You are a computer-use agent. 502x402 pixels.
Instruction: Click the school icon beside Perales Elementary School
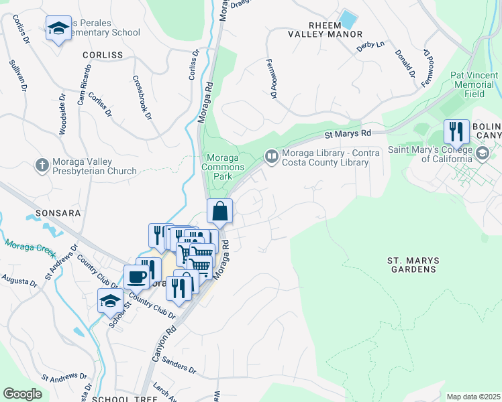58,29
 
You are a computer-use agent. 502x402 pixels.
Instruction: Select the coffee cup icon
136,277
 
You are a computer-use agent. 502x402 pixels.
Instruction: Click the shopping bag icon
219,212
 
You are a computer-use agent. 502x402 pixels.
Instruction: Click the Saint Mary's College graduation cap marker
482,155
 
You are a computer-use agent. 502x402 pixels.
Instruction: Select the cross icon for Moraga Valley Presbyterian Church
42,165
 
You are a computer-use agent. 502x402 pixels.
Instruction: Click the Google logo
22,393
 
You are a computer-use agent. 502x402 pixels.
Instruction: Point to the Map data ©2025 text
473,397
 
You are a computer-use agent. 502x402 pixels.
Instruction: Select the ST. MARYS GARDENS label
411,264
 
